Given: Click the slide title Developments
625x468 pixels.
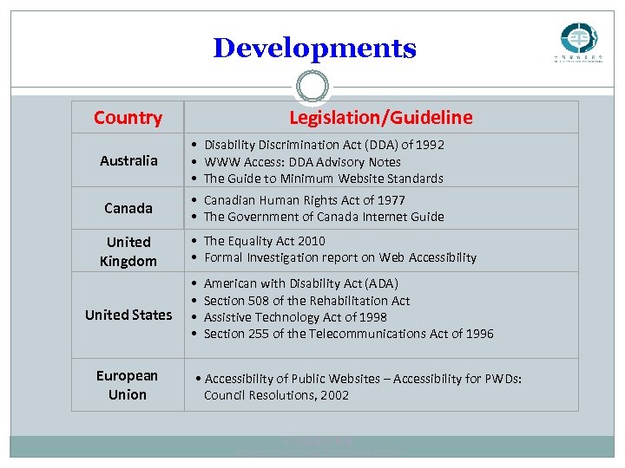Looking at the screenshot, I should click(x=314, y=48).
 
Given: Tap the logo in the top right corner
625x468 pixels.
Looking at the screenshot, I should click(x=578, y=41).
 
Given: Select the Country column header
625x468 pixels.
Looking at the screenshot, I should click(x=128, y=117).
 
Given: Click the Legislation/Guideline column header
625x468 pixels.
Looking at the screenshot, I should click(x=381, y=117).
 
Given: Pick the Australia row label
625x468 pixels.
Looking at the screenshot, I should click(x=128, y=160).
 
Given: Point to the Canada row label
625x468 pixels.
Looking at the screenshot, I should click(x=128, y=208).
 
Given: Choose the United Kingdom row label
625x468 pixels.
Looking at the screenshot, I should click(x=128, y=251).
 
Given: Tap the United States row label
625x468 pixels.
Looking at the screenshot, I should click(x=128, y=315).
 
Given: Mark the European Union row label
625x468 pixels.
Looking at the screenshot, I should click(x=128, y=385).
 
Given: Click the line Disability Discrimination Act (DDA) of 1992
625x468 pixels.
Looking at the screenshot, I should click(x=323, y=145).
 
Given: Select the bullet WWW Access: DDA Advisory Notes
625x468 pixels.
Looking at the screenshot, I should click(x=302, y=162).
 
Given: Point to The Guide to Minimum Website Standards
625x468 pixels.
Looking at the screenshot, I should click(x=323, y=179).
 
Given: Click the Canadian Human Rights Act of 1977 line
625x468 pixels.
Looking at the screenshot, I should click(x=304, y=200).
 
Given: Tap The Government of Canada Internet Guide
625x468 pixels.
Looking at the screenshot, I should click(x=323, y=217).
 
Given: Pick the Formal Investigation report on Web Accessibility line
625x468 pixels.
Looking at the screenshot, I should click(x=339, y=257).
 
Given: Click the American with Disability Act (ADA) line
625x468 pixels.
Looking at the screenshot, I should click(x=300, y=283).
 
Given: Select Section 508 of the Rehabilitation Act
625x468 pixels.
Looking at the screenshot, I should click(x=306, y=301).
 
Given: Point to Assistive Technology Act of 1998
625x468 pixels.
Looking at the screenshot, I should click(x=295, y=317).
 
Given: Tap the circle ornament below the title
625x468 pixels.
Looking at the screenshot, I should click(x=312, y=86).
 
